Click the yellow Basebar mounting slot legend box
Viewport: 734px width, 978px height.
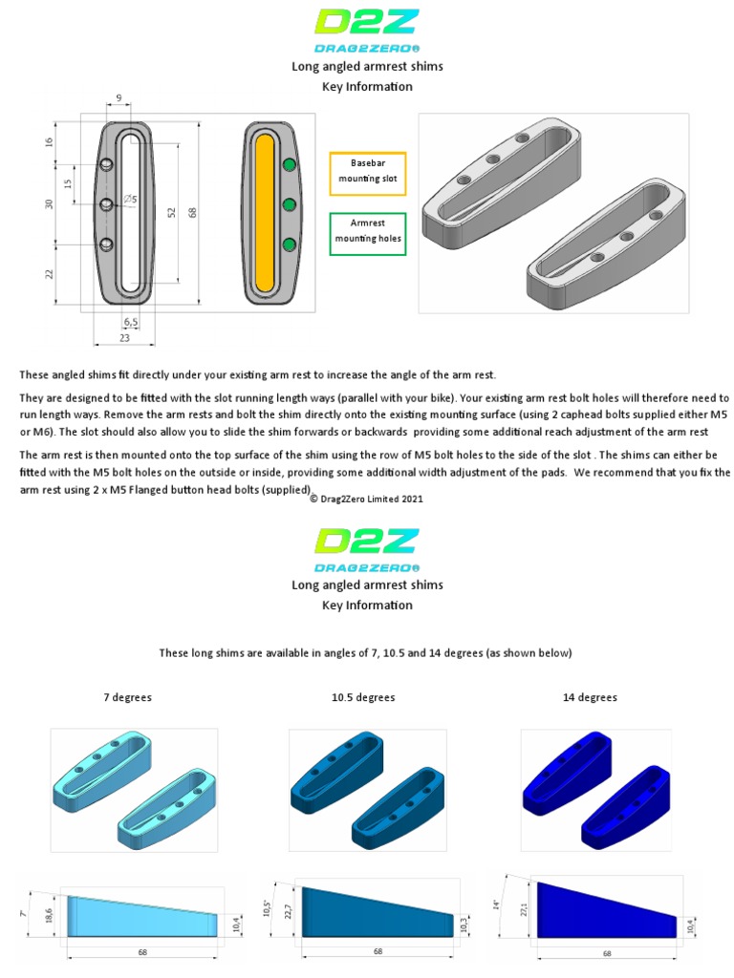(367, 172)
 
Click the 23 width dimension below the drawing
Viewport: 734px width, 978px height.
(125, 337)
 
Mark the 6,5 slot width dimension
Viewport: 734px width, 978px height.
(131, 323)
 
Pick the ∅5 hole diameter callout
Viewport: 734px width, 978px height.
(130, 200)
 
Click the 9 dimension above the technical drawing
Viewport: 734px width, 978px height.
(118, 97)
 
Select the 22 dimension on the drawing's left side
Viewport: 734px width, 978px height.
(50, 274)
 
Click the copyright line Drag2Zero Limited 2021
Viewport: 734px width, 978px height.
(367, 499)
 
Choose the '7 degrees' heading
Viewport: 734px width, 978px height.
(127, 697)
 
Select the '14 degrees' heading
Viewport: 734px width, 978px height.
(590, 697)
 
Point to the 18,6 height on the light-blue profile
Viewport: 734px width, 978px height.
(50, 914)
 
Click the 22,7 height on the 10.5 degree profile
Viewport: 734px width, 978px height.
(287, 911)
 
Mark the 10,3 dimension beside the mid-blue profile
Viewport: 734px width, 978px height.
(464, 924)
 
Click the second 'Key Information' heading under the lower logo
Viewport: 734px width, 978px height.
(367, 605)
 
